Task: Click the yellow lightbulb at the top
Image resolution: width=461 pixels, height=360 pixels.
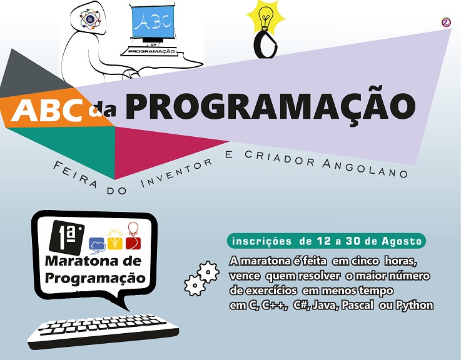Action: [266, 17]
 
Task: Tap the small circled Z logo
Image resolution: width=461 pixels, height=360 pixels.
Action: [446, 22]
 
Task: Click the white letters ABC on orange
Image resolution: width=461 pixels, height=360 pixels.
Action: [47, 109]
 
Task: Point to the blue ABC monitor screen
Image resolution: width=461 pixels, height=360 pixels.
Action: [153, 22]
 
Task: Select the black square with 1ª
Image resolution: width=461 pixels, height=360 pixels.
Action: [67, 237]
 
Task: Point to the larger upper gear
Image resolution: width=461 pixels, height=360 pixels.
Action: [208, 272]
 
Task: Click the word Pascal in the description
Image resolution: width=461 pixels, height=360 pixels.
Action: [358, 305]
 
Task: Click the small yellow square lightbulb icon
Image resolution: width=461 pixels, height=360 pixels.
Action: [114, 240]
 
